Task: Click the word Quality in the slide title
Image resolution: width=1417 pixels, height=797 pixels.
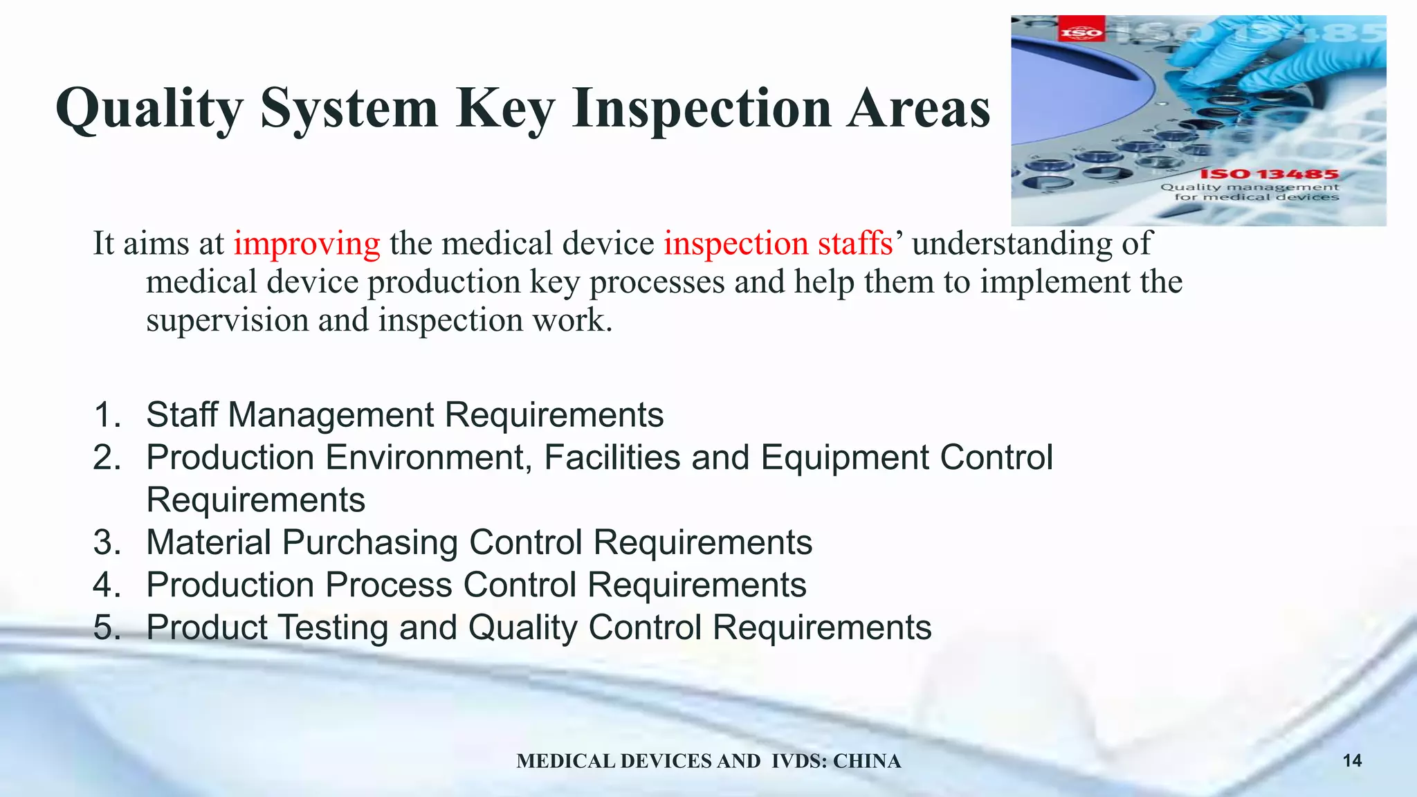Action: pos(149,109)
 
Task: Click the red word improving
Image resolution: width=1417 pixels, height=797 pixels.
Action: pos(307,244)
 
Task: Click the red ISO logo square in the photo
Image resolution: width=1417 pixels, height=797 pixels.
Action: pos(1081,31)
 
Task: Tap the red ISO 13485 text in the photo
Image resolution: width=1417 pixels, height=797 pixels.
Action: pos(1269,174)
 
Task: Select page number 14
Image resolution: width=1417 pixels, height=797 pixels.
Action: pos(1352,761)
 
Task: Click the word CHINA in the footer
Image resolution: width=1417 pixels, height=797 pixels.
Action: pos(867,761)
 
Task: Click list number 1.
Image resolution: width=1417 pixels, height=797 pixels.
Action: pos(107,415)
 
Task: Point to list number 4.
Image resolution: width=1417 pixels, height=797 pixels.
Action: pos(107,585)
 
